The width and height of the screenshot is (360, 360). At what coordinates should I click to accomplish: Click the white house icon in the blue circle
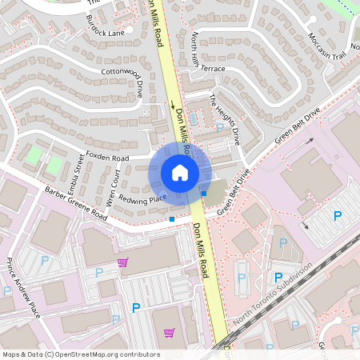180,172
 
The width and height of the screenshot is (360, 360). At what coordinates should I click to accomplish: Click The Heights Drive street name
225,119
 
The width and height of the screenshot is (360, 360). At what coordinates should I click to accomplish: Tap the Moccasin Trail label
326,47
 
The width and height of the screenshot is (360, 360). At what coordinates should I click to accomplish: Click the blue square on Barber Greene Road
172,219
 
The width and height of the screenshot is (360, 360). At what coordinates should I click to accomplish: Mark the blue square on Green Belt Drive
204,194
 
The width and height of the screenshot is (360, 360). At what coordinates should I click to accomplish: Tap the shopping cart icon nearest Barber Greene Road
122,262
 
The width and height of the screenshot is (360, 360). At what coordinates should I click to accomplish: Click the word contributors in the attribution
135,354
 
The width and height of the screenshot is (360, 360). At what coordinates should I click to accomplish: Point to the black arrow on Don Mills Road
172,104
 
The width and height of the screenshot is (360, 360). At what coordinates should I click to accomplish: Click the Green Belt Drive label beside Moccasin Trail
298,126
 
